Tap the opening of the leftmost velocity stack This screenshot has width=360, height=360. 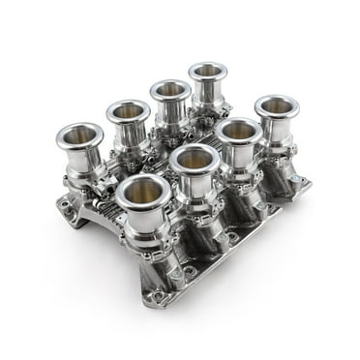pos(79,135)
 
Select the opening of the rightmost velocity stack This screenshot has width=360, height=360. pos(278,105)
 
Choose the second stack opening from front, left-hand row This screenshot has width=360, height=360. pos(128,110)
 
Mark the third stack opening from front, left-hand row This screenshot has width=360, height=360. pos(169,89)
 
